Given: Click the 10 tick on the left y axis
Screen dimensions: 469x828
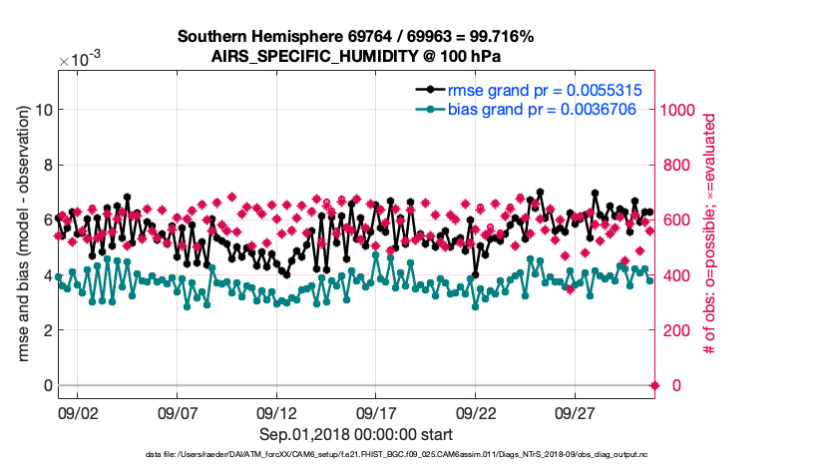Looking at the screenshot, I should (x=42, y=110).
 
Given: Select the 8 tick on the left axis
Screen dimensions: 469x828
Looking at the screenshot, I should (x=46, y=165).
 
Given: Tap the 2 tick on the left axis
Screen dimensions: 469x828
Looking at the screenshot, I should (x=46, y=330).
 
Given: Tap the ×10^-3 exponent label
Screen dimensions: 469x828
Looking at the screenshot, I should (x=80, y=60).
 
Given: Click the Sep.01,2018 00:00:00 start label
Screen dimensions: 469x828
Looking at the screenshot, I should (x=356, y=434).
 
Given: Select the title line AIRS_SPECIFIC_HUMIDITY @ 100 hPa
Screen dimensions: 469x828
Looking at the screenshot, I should (x=356, y=56).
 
